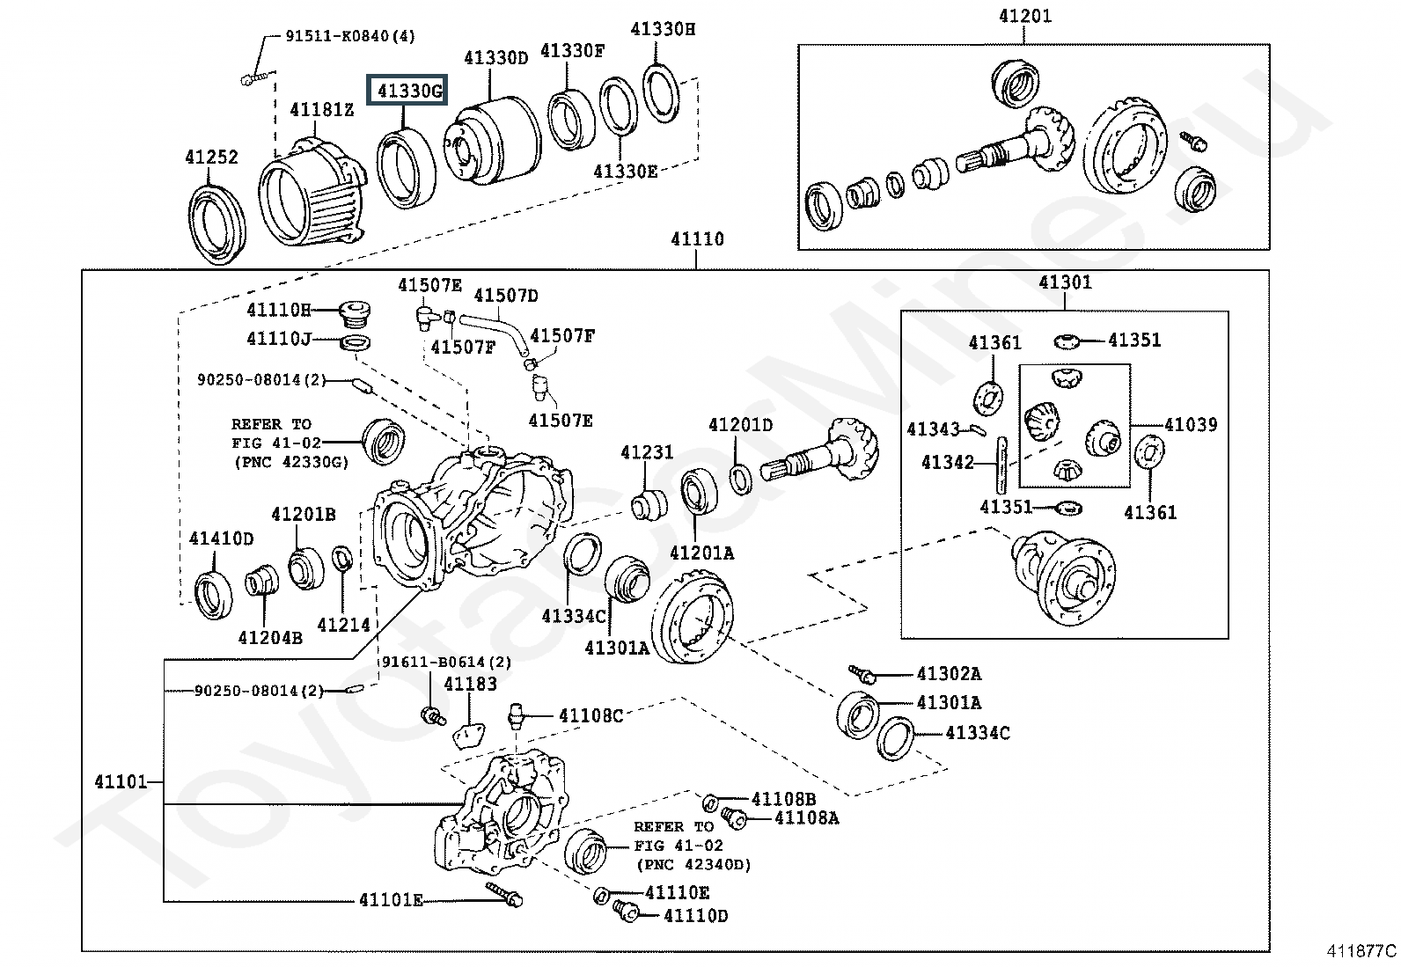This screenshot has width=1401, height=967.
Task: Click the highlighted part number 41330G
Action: (407, 90)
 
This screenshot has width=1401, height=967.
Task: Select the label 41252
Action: (211, 157)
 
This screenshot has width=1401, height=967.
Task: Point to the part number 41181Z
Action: (322, 109)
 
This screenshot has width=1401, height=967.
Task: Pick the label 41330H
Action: (663, 28)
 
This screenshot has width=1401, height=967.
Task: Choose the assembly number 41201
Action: (1024, 16)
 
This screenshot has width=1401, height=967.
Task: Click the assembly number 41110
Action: (697, 238)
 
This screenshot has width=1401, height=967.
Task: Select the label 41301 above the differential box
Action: (1065, 282)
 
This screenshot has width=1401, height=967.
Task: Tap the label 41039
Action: (1191, 425)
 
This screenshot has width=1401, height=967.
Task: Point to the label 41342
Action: (948, 462)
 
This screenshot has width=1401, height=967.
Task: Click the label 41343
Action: (933, 429)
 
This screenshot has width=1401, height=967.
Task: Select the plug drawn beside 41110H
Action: (356, 311)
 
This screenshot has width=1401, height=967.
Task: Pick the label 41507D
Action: (506, 295)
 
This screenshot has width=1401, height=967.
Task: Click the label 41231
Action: (647, 452)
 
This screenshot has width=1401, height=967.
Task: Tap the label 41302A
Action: (949, 674)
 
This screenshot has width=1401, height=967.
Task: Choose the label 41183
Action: (470, 684)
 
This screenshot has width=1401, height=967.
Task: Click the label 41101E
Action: (391, 899)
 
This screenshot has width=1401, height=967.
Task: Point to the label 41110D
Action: (695, 916)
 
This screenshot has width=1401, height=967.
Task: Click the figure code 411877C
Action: (1361, 951)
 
